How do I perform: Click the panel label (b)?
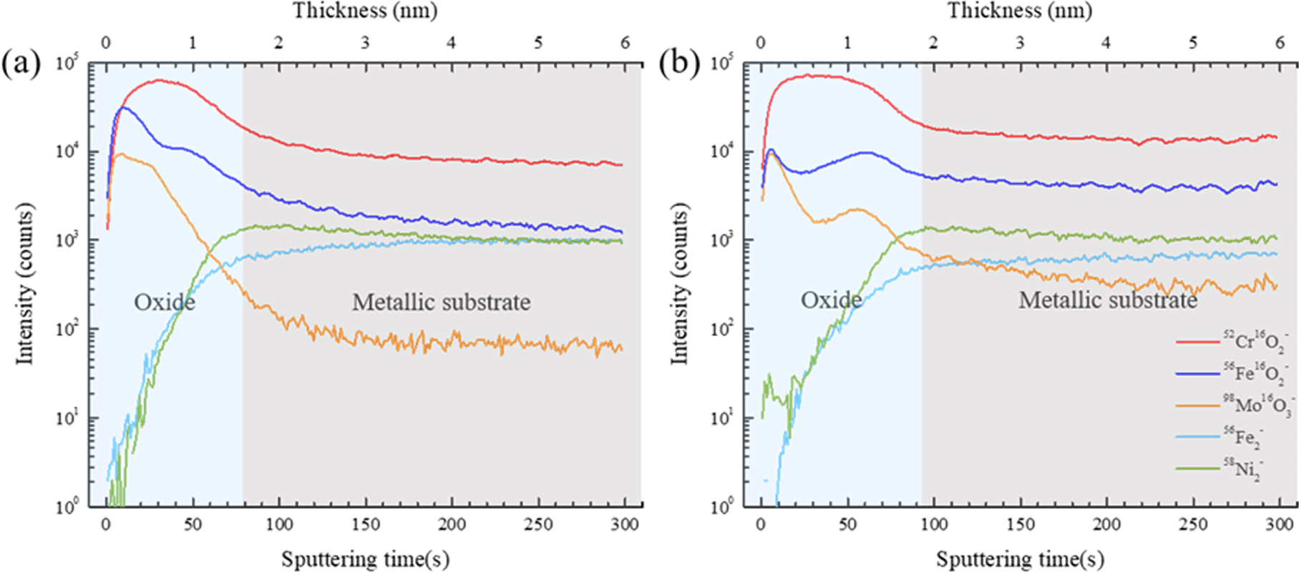(678, 64)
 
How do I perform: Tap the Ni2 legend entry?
(1243, 468)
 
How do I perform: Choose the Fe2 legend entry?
(1243, 437)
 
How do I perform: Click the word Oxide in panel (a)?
(165, 302)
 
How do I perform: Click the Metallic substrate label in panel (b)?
(1107, 300)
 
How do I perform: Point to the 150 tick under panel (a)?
(365, 525)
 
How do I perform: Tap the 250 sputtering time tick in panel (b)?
(1193, 525)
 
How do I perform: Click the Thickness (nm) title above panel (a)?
(364, 11)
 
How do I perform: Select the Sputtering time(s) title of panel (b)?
(1020, 558)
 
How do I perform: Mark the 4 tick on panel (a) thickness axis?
(452, 43)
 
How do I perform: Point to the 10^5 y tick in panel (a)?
(67, 64)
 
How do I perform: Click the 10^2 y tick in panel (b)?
(722, 330)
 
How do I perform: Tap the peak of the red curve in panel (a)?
(159, 80)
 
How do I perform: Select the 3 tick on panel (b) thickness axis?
(1020, 43)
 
